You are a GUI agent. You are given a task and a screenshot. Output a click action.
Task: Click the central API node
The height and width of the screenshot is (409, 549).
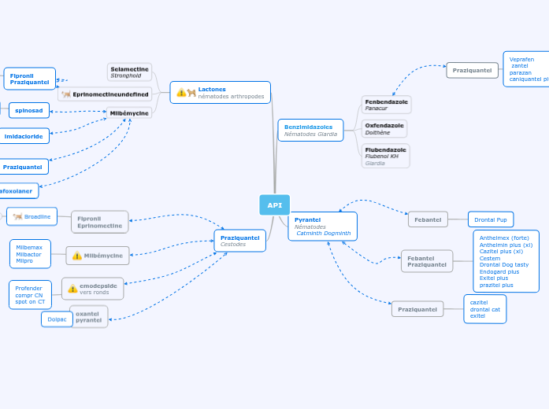coord(274,204)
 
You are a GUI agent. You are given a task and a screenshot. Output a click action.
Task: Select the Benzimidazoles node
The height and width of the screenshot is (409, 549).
coord(310,130)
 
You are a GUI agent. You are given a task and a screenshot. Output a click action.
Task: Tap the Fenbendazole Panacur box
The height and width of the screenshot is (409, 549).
coord(386,105)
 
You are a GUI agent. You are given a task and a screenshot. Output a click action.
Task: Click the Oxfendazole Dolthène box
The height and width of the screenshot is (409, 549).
coord(384,129)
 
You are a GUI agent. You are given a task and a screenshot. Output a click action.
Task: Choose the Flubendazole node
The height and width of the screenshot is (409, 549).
coord(385,156)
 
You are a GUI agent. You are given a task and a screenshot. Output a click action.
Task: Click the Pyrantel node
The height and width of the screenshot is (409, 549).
coord(322,227)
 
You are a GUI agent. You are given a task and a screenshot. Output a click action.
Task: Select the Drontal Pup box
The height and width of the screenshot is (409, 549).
coord(490,219)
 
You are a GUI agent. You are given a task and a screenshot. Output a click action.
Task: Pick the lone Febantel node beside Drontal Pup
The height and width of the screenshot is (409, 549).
coord(428,219)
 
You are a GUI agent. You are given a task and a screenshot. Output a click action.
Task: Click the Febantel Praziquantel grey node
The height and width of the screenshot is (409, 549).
coord(426,261)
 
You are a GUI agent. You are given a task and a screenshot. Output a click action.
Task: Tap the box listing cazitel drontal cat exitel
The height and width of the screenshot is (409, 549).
coord(484,309)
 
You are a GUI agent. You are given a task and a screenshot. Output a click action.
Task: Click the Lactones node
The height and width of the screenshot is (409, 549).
coord(220,92)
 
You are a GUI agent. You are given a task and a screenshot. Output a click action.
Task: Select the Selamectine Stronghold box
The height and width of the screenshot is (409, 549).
coord(129,72)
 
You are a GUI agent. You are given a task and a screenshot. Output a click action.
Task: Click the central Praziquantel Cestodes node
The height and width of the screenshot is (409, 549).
coord(239,241)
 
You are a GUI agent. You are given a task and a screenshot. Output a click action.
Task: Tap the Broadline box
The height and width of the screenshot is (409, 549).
coord(32,216)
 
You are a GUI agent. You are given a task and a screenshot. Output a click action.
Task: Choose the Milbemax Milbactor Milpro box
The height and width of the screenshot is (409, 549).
coord(30,254)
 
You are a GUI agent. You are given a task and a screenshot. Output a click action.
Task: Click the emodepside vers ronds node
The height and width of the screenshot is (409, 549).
coord(93,289)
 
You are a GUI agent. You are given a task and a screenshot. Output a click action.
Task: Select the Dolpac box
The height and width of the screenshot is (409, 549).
coord(57,319)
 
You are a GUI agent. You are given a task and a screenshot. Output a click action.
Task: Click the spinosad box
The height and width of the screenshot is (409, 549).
coord(29,110)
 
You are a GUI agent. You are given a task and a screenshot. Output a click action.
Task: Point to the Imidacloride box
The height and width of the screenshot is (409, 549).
coord(24,136)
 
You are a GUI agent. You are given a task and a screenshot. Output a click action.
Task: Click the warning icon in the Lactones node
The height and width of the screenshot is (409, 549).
coord(181,93)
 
